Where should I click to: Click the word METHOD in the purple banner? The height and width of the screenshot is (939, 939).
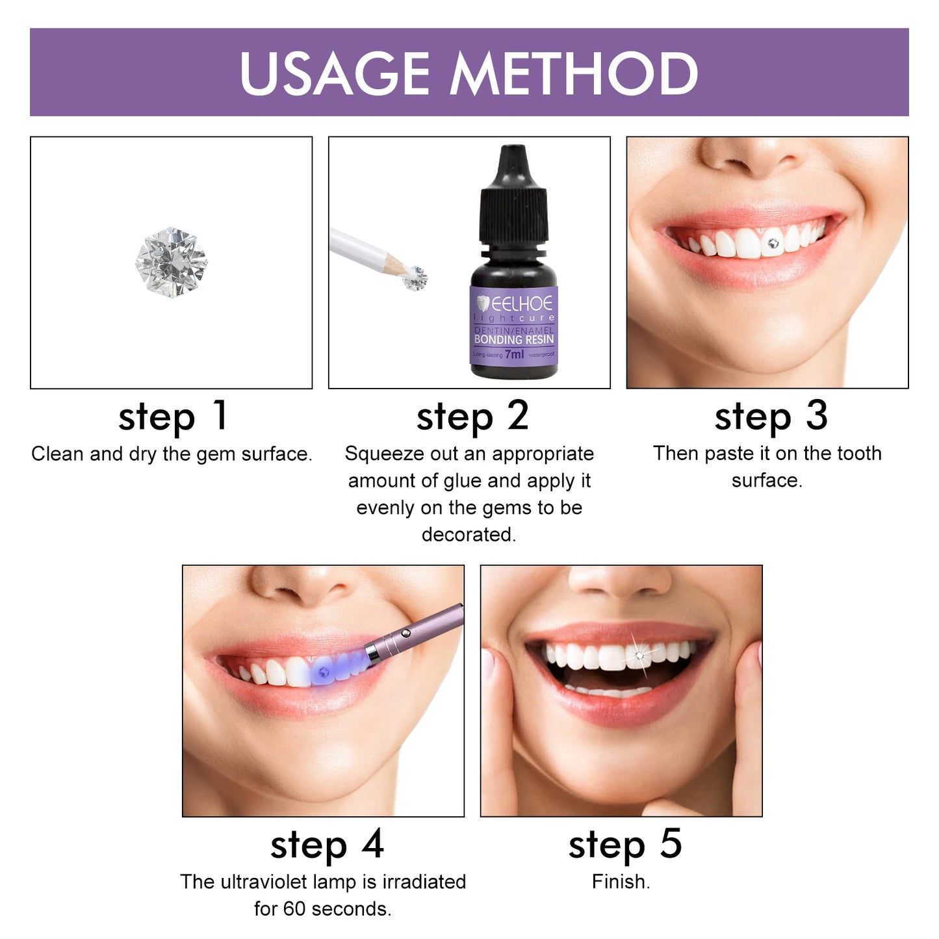point(574,73)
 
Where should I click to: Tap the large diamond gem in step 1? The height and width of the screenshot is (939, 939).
point(172,262)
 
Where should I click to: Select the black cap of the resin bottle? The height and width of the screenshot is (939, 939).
point(514,195)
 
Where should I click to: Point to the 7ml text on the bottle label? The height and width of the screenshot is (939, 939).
point(514,354)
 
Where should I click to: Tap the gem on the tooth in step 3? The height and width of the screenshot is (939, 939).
point(773,243)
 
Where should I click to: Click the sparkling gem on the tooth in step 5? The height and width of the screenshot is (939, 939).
point(639,656)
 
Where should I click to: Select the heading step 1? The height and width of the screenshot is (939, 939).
point(173,417)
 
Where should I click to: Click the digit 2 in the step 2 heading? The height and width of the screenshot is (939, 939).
point(518,415)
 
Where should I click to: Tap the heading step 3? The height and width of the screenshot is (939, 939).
point(771,417)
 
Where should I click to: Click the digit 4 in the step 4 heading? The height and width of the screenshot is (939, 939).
point(373,844)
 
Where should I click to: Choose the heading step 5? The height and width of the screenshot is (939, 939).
point(624,845)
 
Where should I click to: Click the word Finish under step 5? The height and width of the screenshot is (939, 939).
point(620,882)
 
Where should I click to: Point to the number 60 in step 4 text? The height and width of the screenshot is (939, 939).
point(294,908)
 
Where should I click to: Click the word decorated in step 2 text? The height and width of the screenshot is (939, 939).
point(468,534)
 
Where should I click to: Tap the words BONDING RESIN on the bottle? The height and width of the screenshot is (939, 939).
point(514,339)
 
